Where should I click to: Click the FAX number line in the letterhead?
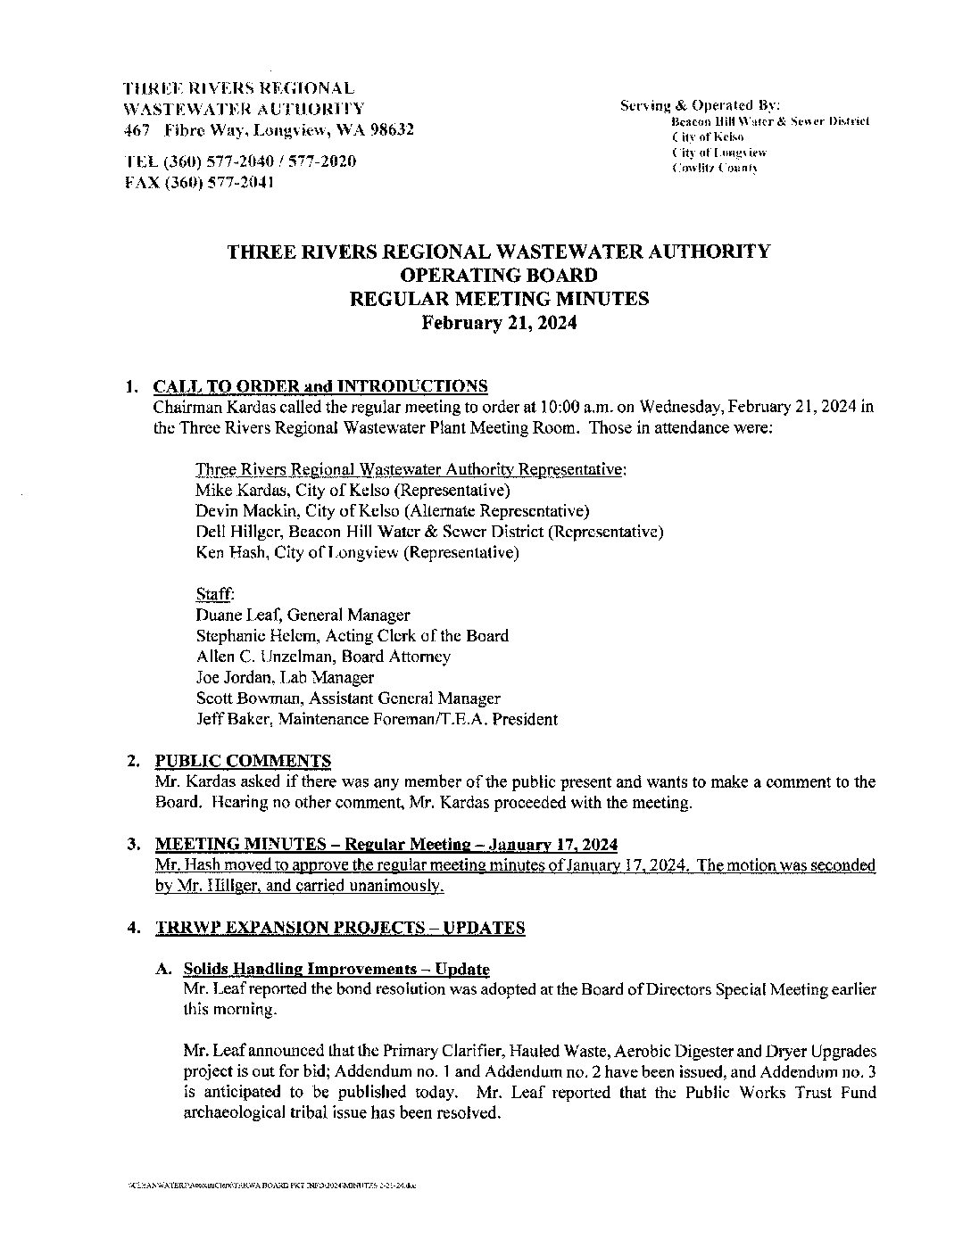pyautogui.click(x=198, y=182)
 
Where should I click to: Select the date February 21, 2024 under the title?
pyautogui.click(x=499, y=323)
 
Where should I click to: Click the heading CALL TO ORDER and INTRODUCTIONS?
pyautogui.click(x=320, y=386)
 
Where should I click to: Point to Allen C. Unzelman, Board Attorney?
pyautogui.click(x=323, y=657)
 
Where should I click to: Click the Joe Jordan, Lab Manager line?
pyautogui.click(x=284, y=678)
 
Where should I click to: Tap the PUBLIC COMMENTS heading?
pyautogui.click(x=243, y=761)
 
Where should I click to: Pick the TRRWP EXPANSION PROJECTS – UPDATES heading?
pyautogui.click(x=340, y=928)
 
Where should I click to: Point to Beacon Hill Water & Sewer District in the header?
pyautogui.click(x=763, y=120)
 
